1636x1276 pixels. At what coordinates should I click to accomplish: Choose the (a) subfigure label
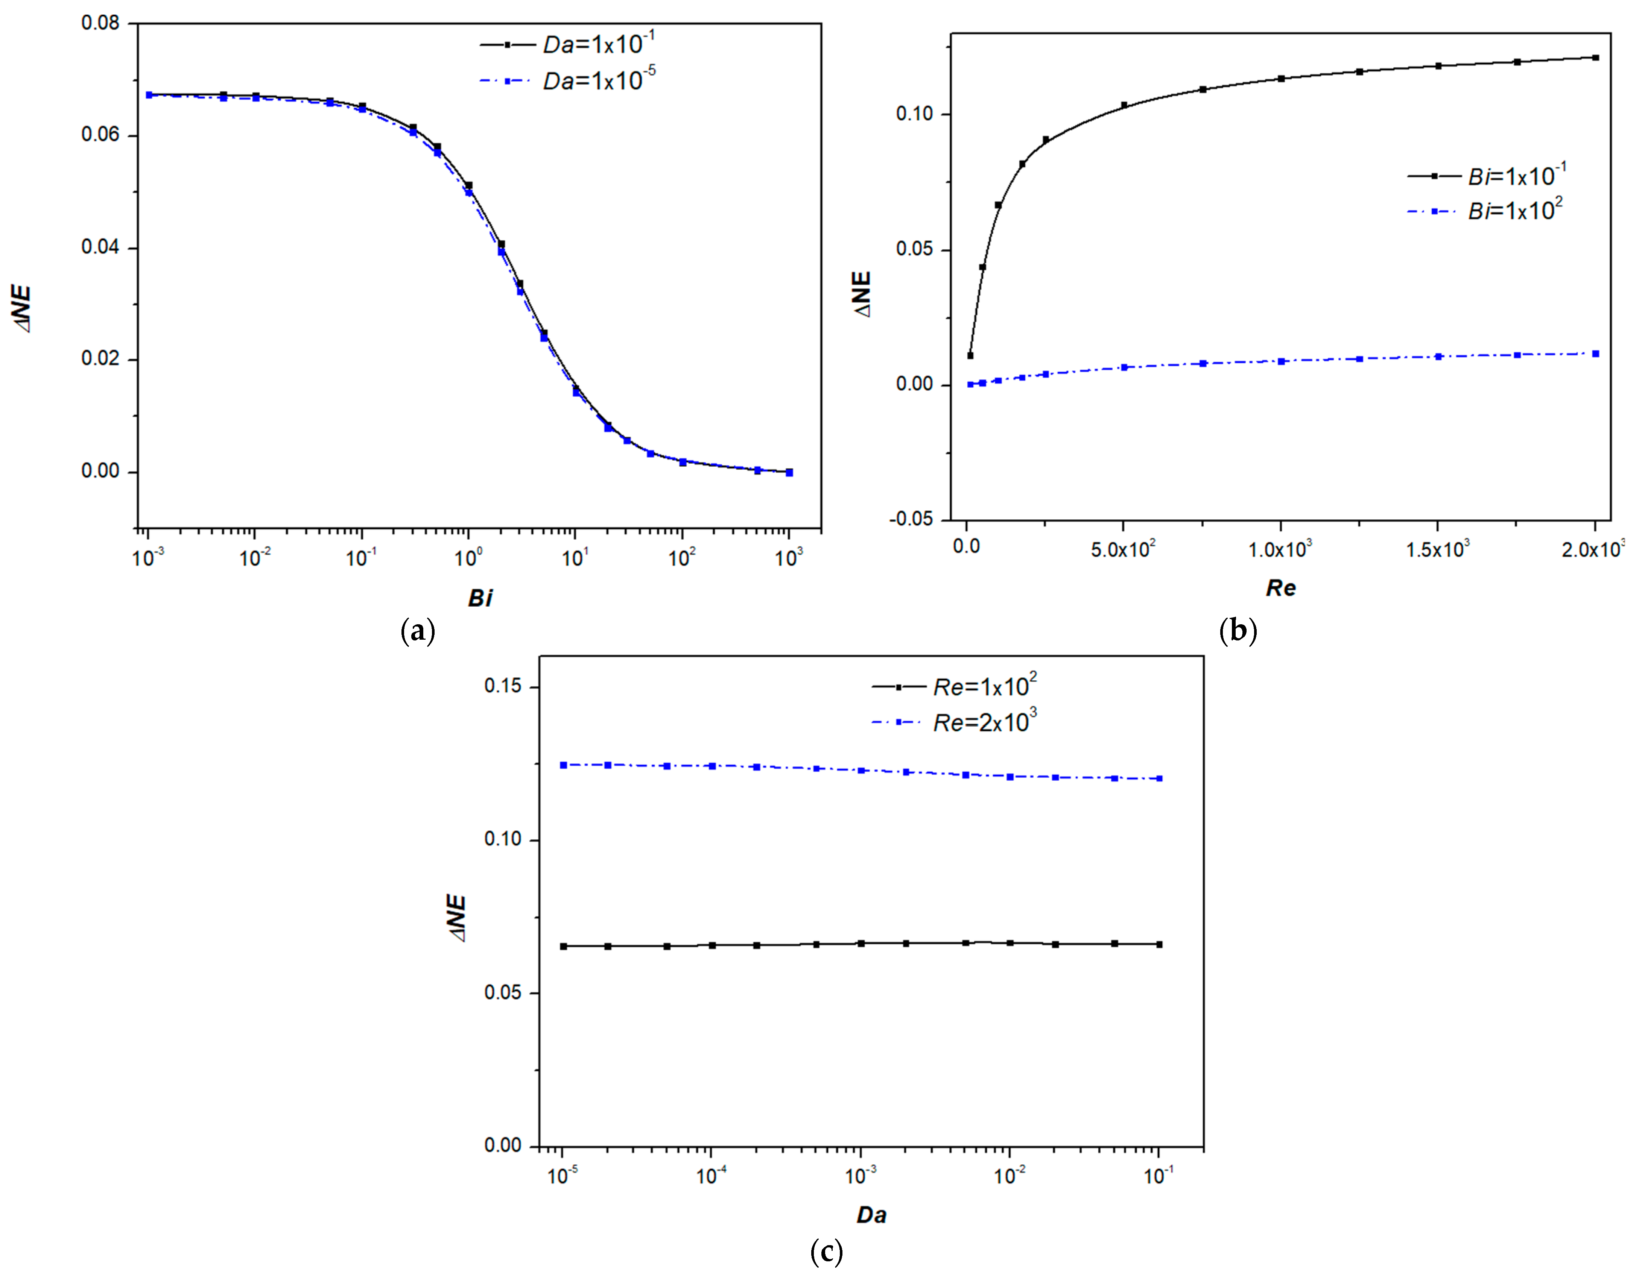pyautogui.click(x=418, y=631)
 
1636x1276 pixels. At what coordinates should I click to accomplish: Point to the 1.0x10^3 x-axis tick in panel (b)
pyautogui.click(x=1280, y=549)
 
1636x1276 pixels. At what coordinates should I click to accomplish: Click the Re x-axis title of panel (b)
pyautogui.click(x=1280, y=588)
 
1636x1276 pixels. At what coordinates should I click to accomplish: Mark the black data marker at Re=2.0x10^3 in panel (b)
pyautogui.click(x=1595, y=58)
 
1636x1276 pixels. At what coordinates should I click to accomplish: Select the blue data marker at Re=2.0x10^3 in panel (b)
pyautogui.click(x=1595, y=354)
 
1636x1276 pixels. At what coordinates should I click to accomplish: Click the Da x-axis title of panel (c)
pyautogui.click(x=871, y=1215)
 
